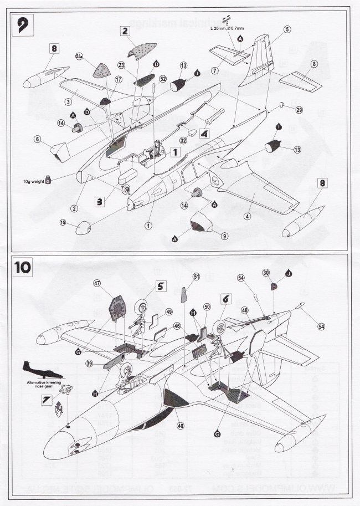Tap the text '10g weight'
(34, 180)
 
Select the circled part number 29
(299, 110)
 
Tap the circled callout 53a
(79, 55)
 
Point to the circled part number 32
(183, 141)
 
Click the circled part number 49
(168, 311)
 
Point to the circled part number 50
(207, 306)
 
